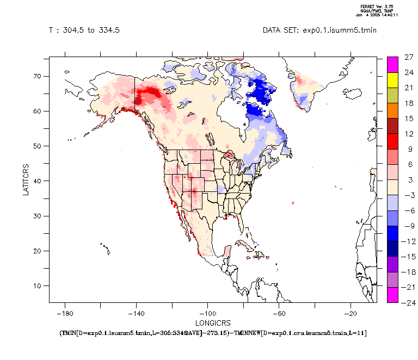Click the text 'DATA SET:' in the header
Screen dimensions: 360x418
pyautogui.click(x=279, y=30)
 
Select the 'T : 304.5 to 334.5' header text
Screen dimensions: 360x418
pyautogui.click(x=84, y=30)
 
